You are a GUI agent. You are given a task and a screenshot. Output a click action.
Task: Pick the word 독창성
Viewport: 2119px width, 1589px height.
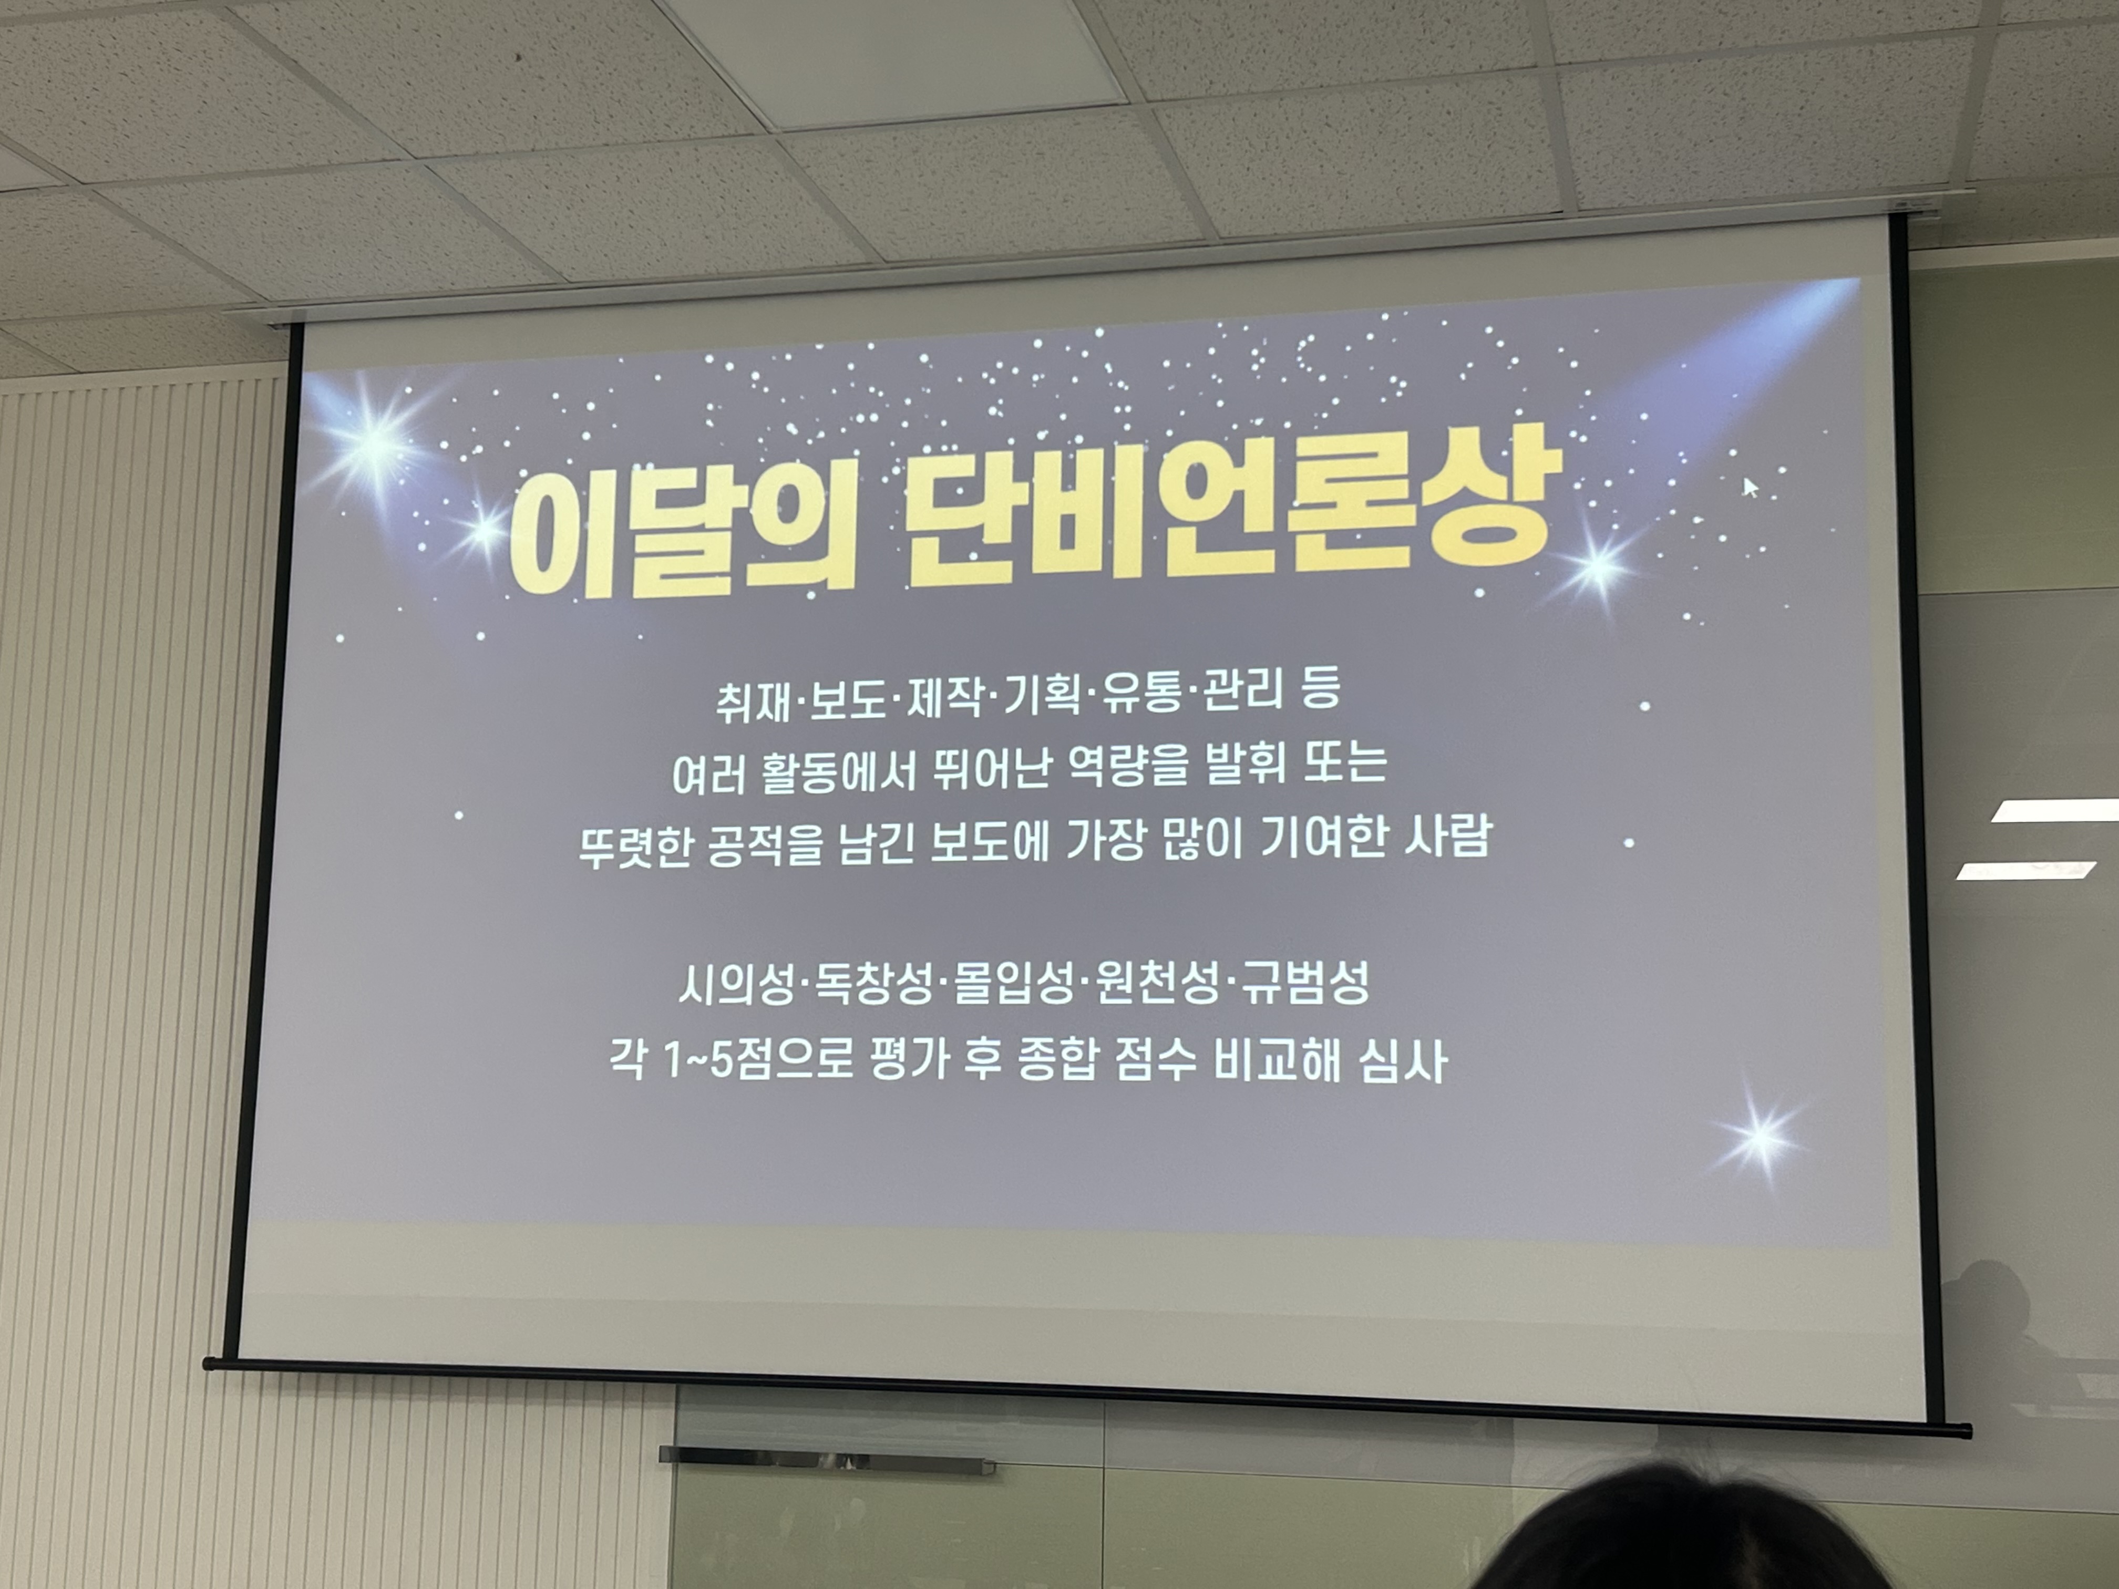pos(873,986)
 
